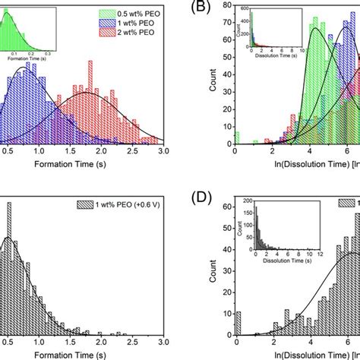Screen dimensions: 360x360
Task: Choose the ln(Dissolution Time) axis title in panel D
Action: (304, 355)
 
